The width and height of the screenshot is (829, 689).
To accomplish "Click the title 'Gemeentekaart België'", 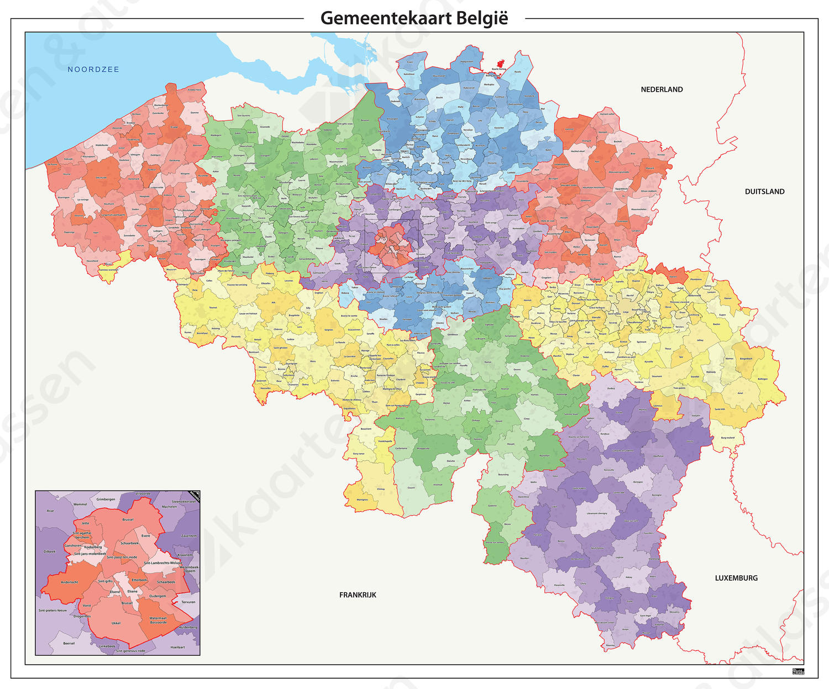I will (414, 18).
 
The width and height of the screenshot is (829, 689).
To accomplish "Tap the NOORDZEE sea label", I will (93, 70).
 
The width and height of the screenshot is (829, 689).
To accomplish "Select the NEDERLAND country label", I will (662, 90).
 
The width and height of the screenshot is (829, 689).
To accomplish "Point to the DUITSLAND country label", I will (764, 192).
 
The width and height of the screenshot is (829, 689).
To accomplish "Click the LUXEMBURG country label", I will (736, 578).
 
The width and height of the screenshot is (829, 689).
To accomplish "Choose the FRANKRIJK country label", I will (358, 595).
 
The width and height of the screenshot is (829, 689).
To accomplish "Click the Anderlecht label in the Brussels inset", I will (70, 582).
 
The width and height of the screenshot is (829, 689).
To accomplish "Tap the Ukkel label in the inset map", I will (116, 623).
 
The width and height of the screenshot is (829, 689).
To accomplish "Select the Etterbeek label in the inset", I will (139, 580).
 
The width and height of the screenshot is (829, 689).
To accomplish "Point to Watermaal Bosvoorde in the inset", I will (158, 620).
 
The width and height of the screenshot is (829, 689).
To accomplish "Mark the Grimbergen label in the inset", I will (106, 499).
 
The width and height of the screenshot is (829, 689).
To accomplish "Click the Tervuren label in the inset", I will (188, 602).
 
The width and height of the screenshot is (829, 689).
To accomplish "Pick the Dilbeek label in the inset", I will (50, 551).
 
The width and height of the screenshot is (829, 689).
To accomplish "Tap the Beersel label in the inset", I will (69, 643).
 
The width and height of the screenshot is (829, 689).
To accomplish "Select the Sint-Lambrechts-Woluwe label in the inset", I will (163, 563).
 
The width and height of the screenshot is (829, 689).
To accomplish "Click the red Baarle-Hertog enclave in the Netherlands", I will (500, 65).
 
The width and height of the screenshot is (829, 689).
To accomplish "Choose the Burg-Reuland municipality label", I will (728, 438).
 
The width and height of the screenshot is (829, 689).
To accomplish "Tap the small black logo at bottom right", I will (798, 671).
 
